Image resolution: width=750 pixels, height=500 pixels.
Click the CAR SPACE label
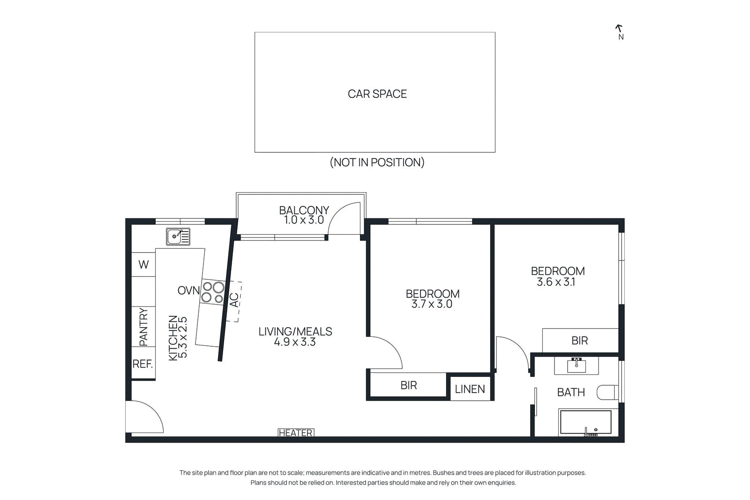pyautogui.click(x=377, y=94)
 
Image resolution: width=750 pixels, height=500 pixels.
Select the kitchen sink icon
pyautogui.click(x=178, y=236)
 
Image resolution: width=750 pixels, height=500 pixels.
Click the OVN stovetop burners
pyautogui.click(x=213, y=292)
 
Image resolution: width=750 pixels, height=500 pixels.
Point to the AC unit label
pyautogui.click(x=234, y=300)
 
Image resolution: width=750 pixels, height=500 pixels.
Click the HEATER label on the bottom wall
pyautogui.click(x=296, y=433)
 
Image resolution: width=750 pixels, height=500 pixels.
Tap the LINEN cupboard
pyautogui.click(x=470, y=389)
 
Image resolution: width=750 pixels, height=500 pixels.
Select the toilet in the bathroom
pyautogui.click(x=607, y=392)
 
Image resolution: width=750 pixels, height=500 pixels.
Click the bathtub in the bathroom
pyautogui.click(x=585, y=422)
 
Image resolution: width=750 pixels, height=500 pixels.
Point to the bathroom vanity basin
pyautogui.click(x=577, y=365)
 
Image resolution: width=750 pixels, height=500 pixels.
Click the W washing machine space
pyautogui.click(x=143, y=265)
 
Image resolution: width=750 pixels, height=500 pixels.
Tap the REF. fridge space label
pyautogui.click(x=142, y=364)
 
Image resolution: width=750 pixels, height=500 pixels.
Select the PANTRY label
pyautogui.click(x=143, y=327)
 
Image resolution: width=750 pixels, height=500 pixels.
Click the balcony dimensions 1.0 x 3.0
pyautogui.click(x=304, y=220)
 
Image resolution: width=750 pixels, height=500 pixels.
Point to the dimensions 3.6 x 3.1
pyautogui.click(x=556, y=282)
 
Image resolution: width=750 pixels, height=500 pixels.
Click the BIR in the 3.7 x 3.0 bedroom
pyautogui.click(x=408, y=385)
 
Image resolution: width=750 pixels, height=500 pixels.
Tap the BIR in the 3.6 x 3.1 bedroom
pyautogui.click(x=579, y=341)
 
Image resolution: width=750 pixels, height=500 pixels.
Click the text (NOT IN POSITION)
pyautogui.click(x=377, y=163)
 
